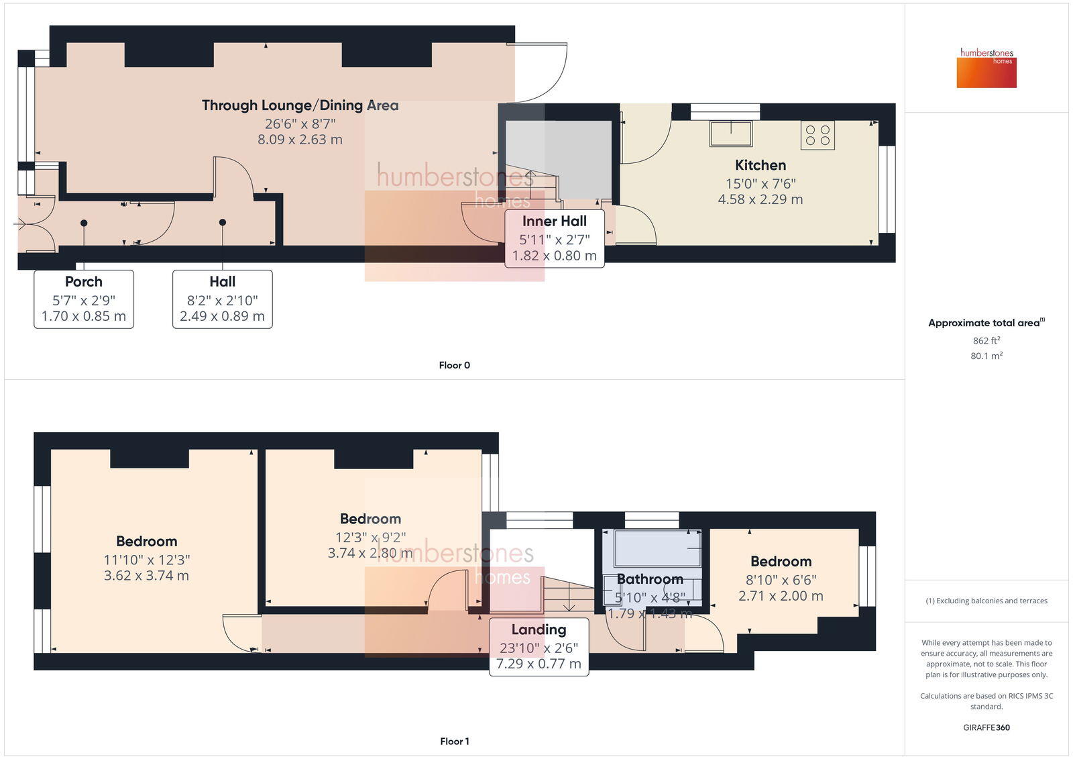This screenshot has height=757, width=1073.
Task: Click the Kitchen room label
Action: click(x=760, y=165)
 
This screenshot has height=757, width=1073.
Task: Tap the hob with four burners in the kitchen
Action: click(x=817, y=135)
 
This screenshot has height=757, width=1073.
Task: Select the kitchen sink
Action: click(x=731, y=133)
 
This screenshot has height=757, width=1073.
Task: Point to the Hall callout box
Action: click(x=222, y=299)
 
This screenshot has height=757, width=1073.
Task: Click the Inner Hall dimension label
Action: click(x=554, y=239)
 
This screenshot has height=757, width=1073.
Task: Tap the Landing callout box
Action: click(x=539, y=646)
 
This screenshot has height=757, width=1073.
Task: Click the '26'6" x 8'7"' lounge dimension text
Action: click(x=300, y=123)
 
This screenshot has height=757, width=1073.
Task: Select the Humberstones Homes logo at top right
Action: click(x=986, y=68)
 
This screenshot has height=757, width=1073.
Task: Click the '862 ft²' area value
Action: click(x=986, y=340)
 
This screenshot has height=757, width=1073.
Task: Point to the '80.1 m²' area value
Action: click(x=986, y=356)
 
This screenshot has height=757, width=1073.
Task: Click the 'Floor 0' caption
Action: click(x=454, y=365)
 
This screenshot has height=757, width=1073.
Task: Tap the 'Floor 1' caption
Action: click(x=454, y=741)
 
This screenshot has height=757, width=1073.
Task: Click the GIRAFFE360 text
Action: click(x=986, y=727)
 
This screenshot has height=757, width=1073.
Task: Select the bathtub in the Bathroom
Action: click(x=657, y=548)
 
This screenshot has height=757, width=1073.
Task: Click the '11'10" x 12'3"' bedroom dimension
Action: click(x=146, y=560)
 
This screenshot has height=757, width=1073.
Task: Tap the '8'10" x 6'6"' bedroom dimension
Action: click(x=781, y=580)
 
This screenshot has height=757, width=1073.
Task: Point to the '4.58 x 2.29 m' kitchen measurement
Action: click(x=760, y=199)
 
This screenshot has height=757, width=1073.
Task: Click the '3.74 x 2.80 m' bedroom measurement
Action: click(x=370, y=553)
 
